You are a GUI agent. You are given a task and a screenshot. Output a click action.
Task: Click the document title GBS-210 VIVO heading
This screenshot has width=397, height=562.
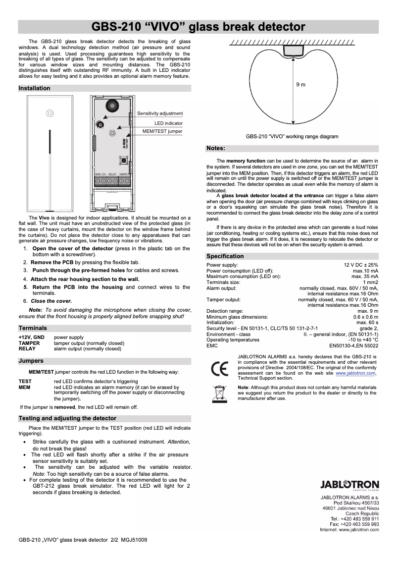tap(198, 26)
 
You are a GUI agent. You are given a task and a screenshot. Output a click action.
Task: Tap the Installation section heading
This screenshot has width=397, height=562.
tap(35, 88)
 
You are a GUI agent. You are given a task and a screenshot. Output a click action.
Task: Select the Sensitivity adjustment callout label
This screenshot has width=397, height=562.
tap(160, 113)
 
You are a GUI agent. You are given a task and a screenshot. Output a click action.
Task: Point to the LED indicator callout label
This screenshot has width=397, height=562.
tap(168, 123)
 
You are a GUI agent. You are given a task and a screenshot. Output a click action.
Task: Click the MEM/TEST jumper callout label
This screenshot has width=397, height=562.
tap(162, 131)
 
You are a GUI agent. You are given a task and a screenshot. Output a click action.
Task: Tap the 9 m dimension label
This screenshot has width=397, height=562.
tap(300, 85)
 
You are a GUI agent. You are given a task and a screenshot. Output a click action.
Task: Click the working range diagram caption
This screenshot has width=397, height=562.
tap(292, 136)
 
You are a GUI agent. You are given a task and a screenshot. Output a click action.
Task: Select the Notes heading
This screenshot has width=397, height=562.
tap(216, 148)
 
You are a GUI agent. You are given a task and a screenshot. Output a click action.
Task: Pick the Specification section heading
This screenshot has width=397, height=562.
tap(225, 256)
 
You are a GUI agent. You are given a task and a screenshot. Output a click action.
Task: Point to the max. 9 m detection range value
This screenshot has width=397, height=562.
tap(368, 311)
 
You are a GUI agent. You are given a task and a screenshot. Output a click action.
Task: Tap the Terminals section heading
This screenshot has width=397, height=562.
tap(33, 328)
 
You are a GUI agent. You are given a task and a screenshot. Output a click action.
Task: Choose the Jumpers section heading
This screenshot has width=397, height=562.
tap(31, 361)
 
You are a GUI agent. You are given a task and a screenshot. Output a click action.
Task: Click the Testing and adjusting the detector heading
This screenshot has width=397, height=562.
tap(67, 418)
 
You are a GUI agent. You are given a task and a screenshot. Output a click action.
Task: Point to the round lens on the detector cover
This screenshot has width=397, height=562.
tap(49, 113)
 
